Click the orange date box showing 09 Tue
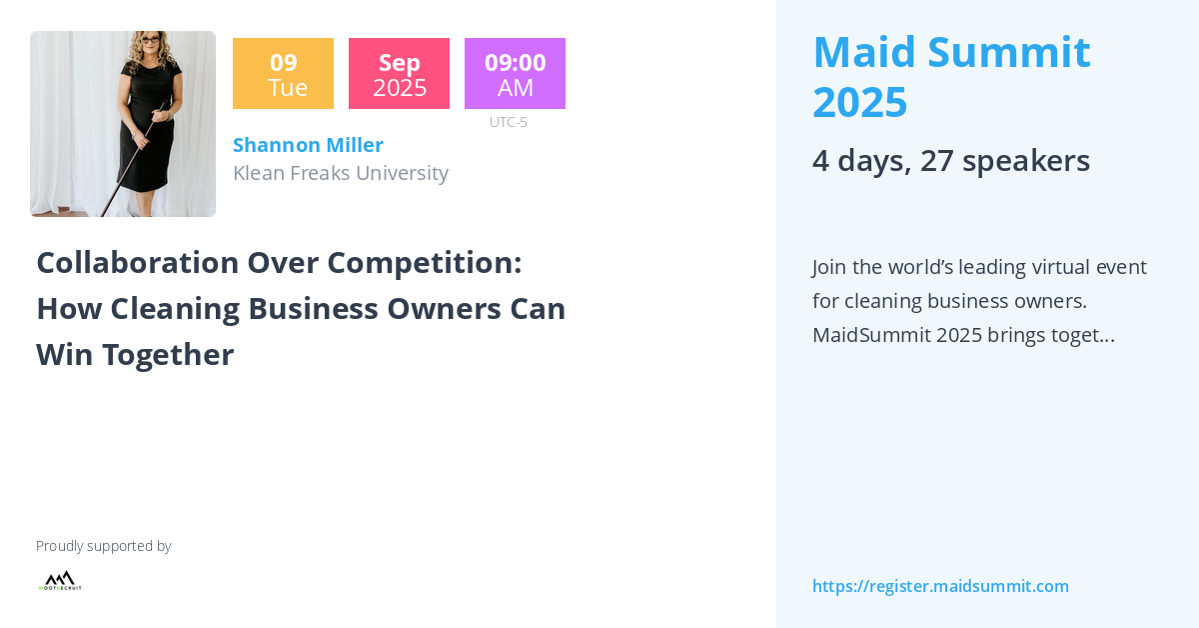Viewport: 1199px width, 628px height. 283,74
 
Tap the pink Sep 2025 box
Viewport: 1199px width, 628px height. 399,74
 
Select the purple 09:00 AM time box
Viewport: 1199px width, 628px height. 515,74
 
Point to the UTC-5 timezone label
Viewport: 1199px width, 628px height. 509,122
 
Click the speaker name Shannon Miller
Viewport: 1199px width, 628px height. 308,145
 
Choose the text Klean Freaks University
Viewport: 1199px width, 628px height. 340,173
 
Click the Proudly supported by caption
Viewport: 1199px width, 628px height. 103,546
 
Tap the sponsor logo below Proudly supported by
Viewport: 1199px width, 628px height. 60,581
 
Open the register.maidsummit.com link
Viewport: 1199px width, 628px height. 940,586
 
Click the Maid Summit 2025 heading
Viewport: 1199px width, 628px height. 950,77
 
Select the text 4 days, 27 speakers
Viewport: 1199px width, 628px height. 950,160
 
